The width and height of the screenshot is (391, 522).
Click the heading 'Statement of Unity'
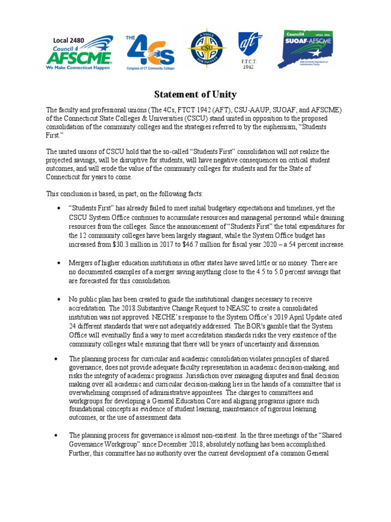195,94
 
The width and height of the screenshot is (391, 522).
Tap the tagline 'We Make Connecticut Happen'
77,67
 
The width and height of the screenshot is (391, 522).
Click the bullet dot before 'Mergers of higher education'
59,263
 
